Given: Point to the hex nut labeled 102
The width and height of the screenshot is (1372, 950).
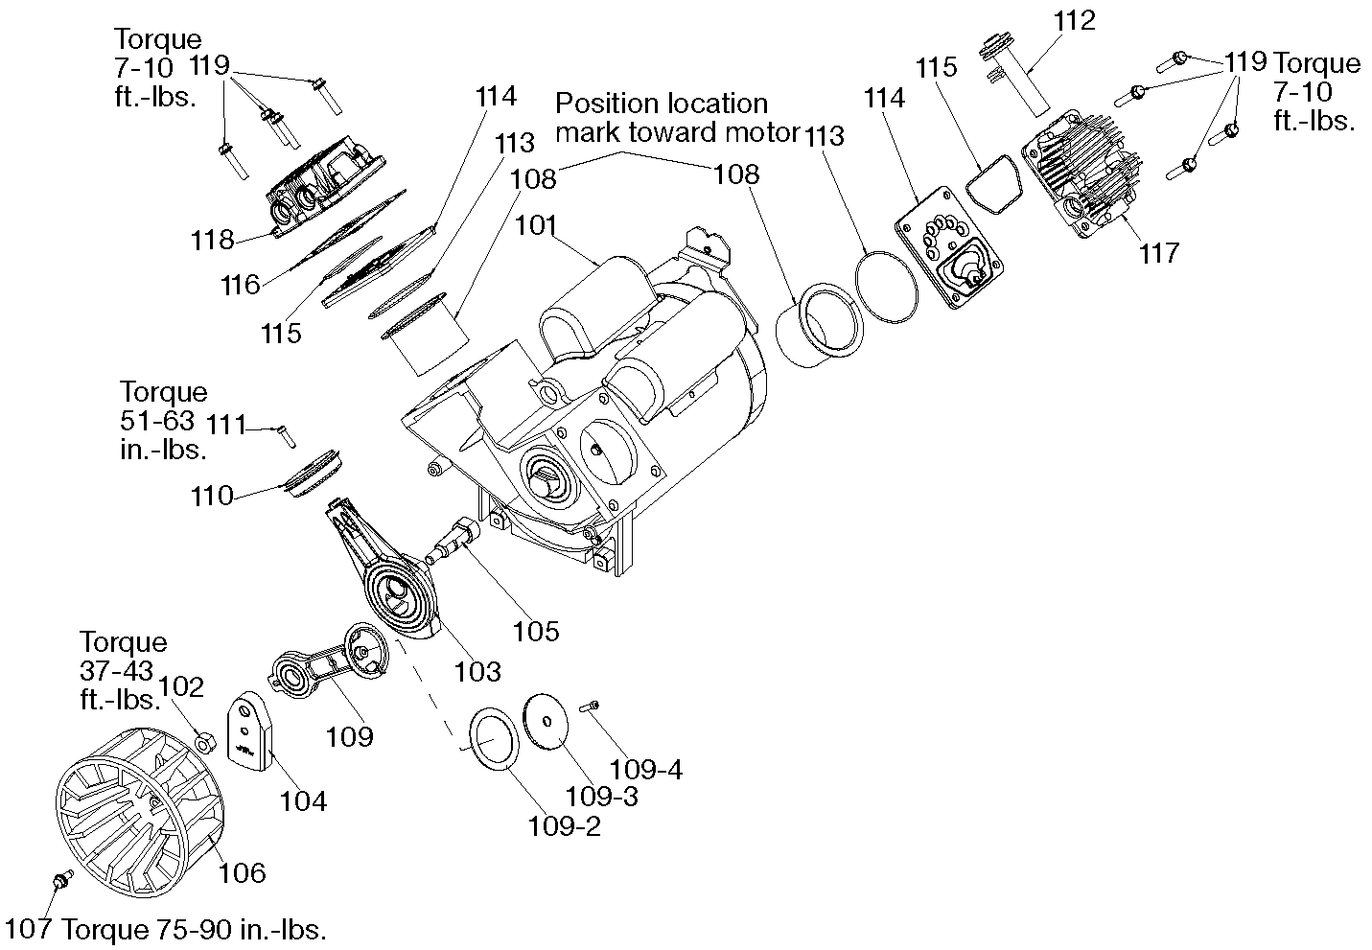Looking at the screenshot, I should (203, 741).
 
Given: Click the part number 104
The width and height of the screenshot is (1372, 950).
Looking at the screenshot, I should (303, 800).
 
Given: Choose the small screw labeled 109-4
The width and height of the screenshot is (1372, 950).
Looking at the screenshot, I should (591, 707).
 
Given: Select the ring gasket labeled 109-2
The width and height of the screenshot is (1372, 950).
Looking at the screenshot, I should (492, 737).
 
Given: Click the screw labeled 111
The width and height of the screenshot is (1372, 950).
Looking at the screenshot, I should (285, 435).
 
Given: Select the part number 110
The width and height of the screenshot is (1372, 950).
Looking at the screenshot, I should (212, 496).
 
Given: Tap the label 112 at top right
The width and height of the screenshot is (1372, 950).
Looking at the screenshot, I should (1073, 21).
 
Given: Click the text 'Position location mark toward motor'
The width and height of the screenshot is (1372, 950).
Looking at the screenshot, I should (676, 117).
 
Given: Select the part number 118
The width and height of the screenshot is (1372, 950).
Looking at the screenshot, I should (212, 240).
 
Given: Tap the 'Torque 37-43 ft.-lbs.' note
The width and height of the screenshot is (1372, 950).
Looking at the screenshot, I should (122, 670).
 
